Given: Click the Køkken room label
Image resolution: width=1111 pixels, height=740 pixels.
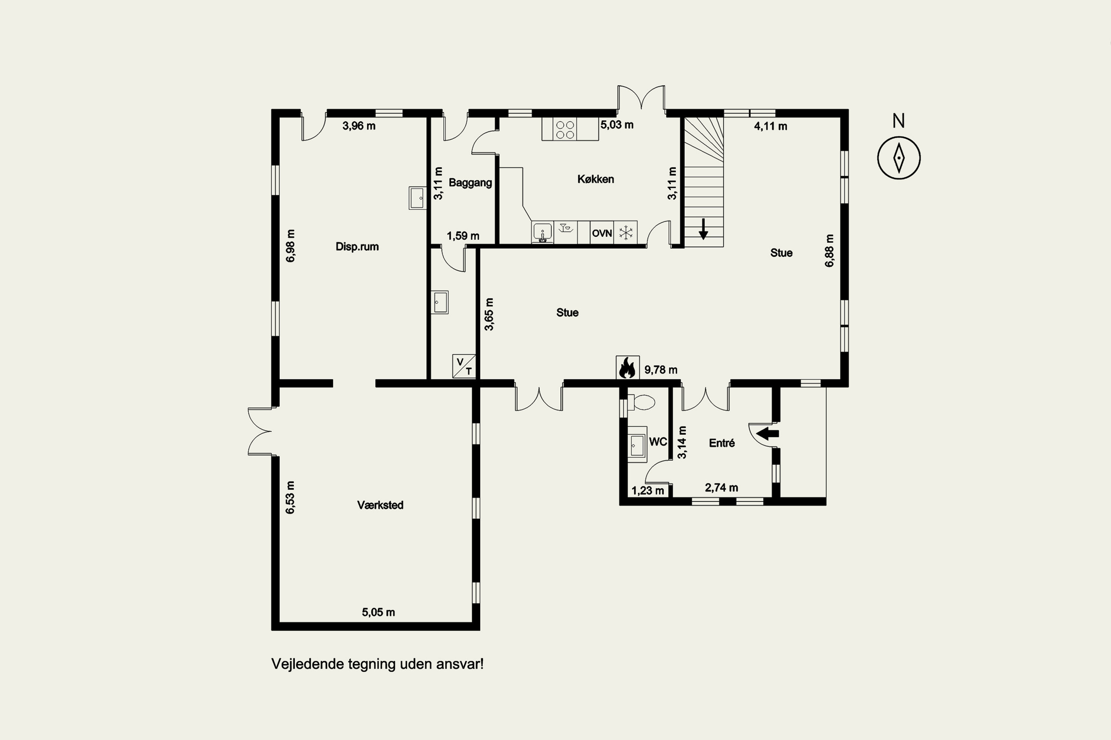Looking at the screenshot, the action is [595, 179].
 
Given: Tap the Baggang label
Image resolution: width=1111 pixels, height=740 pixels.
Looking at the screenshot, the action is [470, 183].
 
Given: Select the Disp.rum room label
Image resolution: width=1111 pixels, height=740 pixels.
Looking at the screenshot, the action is [357, 247].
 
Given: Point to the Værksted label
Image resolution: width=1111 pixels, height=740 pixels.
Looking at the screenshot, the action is [380, 505].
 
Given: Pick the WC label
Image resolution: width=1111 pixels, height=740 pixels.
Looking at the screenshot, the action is [658, 442].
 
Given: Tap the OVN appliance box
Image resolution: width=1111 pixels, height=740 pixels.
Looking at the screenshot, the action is [602, 233].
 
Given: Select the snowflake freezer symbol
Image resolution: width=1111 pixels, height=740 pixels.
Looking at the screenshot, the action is [626, 233].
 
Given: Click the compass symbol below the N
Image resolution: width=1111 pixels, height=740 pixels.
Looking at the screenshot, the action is [899, 158].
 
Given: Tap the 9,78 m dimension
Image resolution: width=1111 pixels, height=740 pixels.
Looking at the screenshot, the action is [661, 370].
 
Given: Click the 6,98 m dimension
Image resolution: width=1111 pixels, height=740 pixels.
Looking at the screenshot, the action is [290, 246].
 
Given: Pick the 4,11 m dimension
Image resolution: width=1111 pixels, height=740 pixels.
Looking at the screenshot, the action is [770, 127].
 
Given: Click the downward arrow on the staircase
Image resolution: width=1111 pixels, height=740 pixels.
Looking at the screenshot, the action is [703, 229].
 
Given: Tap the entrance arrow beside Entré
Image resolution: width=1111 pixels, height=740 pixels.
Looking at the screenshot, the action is [768, 433].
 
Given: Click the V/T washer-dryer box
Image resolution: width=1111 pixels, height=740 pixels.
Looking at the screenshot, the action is [464, 366].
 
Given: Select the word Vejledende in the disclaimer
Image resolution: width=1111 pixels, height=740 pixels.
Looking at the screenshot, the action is [307, 664].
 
